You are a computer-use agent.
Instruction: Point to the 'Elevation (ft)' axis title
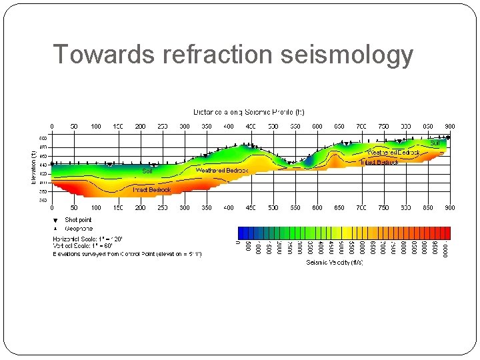coord(35,166)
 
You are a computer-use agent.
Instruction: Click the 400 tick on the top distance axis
coord(229,126)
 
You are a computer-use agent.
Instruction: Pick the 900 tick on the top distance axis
coord(450,126)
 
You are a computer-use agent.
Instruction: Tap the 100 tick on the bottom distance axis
coord(96,208)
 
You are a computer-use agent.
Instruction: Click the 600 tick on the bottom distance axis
coord(317,208)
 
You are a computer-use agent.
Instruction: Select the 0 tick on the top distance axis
coord(52,126)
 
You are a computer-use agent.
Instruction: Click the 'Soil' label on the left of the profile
coord(147,171)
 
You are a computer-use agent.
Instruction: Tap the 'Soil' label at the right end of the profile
coord(435,143)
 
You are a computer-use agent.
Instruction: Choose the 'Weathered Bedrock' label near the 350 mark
coord(222,171)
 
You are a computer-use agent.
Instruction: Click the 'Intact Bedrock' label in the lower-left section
coord(151,190)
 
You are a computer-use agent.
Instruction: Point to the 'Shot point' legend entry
coord(78,220)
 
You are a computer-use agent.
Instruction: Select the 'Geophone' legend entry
coord(79,228)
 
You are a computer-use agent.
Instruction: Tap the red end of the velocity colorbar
coord(447,233)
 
